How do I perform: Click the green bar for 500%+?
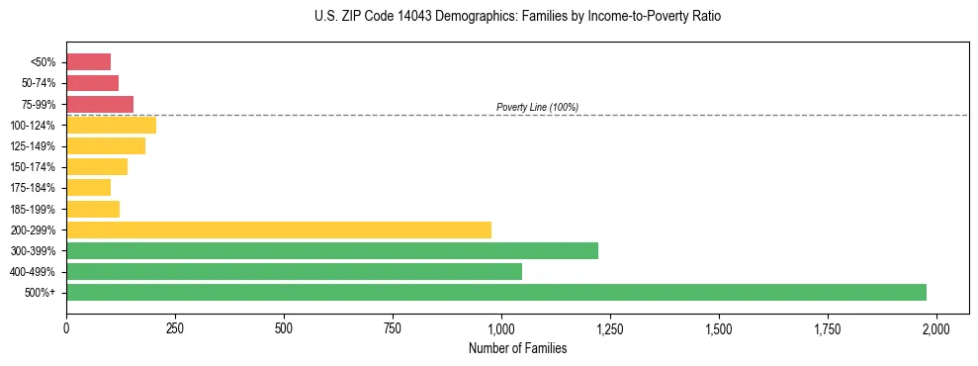496,293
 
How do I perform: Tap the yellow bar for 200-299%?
279,230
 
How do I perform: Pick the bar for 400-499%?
294,272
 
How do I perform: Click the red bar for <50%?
88,62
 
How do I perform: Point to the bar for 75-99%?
100,104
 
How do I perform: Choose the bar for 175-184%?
88,188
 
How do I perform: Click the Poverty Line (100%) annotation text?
537,107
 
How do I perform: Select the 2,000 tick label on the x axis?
936,327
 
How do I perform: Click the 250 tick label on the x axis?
175,327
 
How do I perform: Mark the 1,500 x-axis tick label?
719,327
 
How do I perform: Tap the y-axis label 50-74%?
40,83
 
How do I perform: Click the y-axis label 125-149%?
36,146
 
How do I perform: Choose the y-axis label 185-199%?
36,210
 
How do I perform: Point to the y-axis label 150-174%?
36,167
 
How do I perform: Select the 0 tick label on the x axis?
66,327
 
